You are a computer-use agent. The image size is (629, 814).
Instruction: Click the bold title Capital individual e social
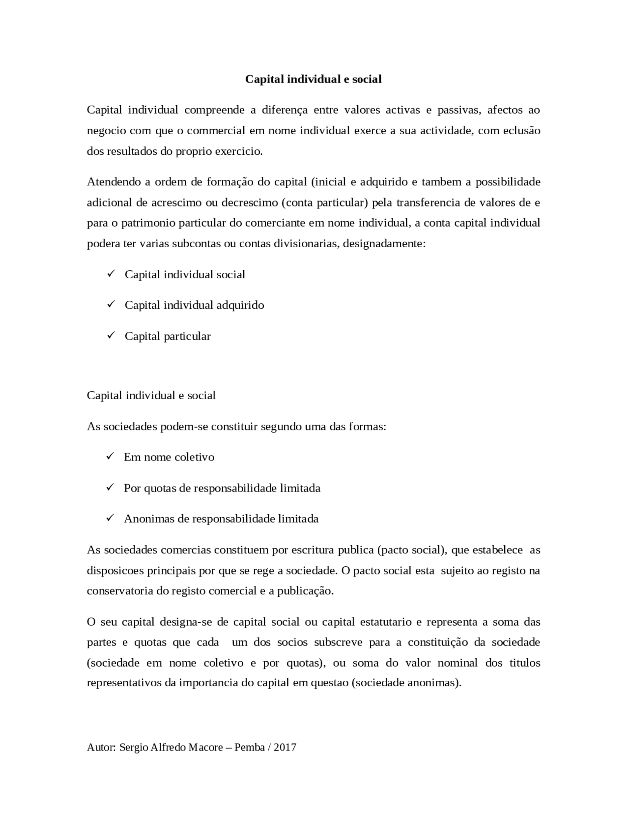click(314, 79)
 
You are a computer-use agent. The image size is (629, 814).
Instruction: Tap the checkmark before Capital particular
click(111, 335)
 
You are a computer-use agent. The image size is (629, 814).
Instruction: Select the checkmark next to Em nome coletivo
click(111, 456)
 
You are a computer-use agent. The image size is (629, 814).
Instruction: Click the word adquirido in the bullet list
click(240, 305)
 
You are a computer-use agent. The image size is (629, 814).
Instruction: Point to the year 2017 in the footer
click(285, 748)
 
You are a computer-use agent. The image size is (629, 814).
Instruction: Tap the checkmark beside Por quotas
click(111, 487)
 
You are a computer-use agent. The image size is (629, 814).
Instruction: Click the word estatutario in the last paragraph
click(386, 622)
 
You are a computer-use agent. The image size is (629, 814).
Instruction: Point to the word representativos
click(131, 683)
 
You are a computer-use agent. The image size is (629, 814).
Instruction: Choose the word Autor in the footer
click(101, 748)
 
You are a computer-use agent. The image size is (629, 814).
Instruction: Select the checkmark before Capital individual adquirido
click(111, 304)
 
